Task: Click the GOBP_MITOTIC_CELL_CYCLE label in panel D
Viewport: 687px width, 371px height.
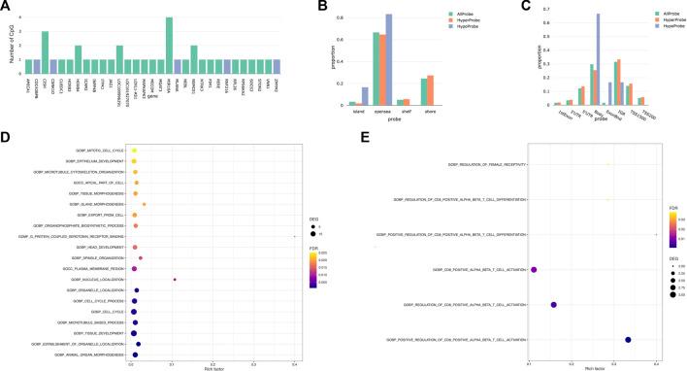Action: pos(100,151)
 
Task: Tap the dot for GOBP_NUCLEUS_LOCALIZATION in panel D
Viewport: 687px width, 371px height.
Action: pos(175,280)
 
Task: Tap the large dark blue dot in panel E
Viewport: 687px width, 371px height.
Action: pos(628,339)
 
